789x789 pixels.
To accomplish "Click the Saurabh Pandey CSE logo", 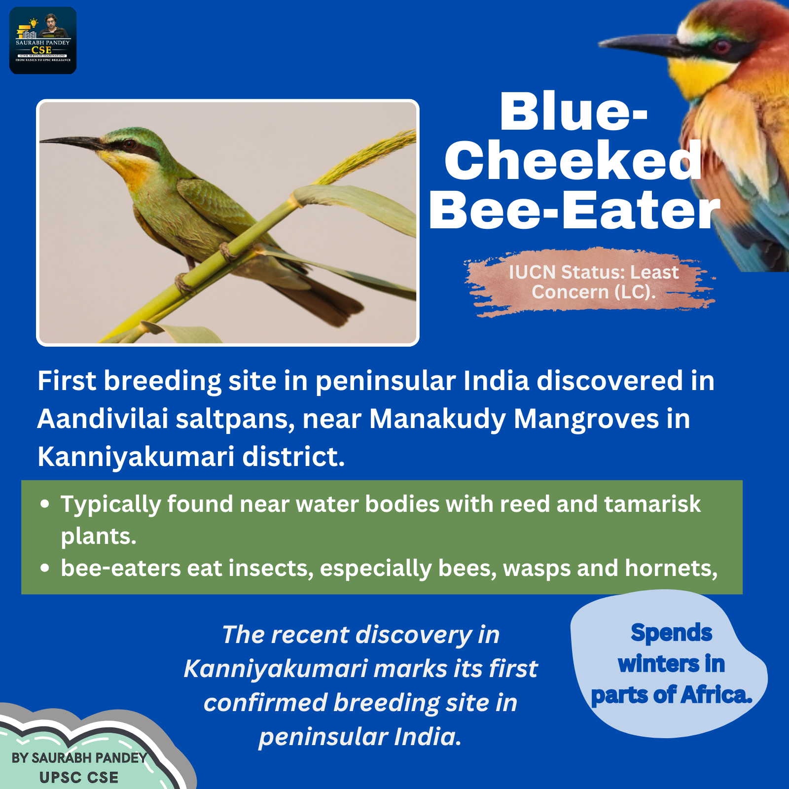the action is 43,40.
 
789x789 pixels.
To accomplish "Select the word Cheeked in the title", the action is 574,160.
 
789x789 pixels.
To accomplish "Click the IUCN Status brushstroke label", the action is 590,282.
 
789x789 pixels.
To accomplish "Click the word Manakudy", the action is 438,419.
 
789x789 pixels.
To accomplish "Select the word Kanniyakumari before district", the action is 136,457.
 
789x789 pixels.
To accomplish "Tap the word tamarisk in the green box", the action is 652,504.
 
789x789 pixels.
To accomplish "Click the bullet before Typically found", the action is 45,504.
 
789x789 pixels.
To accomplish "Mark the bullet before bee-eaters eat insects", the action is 45,569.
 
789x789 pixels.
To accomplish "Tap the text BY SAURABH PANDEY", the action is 79,757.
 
